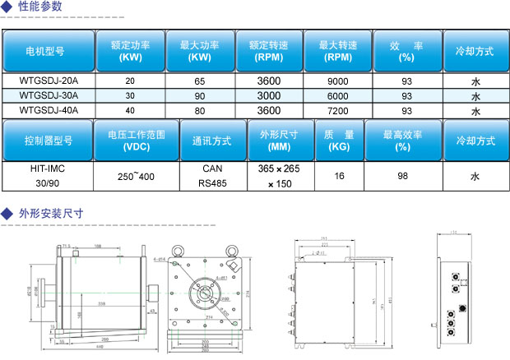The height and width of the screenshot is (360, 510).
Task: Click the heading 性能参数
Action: click(x=38, y=7)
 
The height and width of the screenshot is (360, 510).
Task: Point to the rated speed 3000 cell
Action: click(x=269, y=96)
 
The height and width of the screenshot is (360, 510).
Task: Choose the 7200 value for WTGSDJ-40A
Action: click(x=338, y=110)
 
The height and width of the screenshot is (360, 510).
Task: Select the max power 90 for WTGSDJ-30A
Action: click(x=200, y=96)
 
